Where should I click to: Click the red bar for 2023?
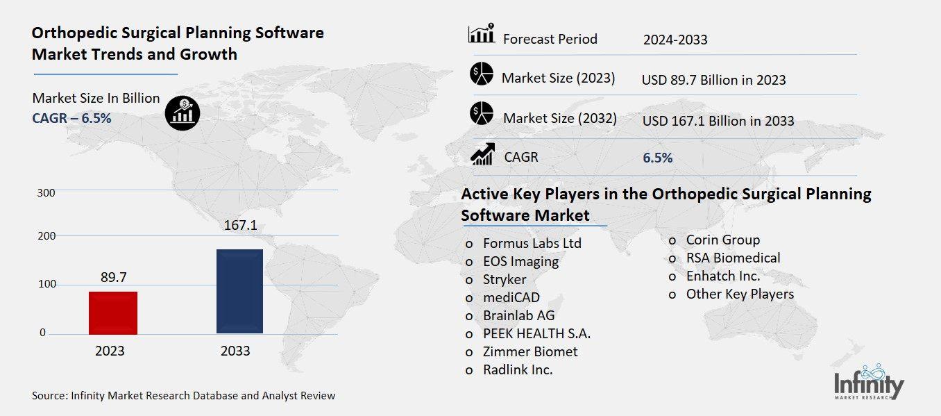coord(113,313)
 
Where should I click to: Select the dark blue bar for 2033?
coord(239,291)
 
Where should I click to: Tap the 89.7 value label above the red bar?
coord(113,277)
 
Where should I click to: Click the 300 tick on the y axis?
coord(46,192)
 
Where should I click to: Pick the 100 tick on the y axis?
coord(46,285)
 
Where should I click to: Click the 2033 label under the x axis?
coord(235,351)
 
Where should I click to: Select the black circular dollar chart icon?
coord(182,113)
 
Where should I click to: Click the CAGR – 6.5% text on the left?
coord(71,118)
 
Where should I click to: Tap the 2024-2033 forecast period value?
coord(675,40)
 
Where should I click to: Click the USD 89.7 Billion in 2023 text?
coord(713,80)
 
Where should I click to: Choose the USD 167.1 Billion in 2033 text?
coord(718,122)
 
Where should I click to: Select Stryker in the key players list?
coord(505,280)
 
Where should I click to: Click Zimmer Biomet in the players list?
coord(530,351)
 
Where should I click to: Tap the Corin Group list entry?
coord(722,240)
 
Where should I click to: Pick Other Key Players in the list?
coord(740,294)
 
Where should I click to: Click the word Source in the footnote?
coord(49,396)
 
